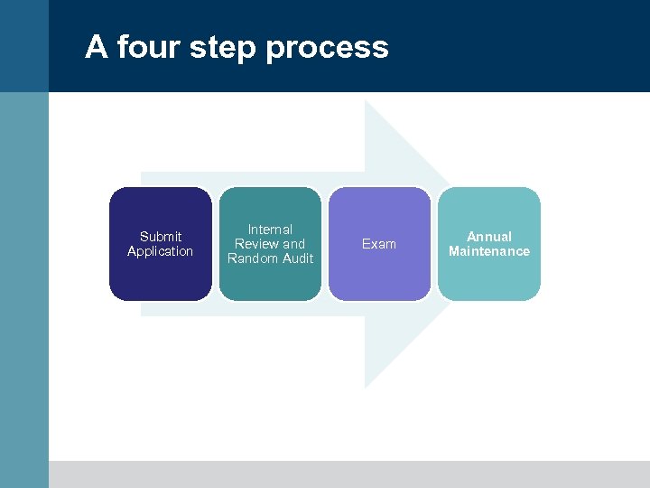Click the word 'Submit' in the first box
pos(161,237)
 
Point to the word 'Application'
pos(161,251)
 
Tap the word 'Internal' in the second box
pos(270,230)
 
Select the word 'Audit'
pos(298,258)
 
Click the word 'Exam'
pos(379,244)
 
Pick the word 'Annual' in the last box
pos(489,237)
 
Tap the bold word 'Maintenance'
pos(489,251)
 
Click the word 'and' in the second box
pos(294,244)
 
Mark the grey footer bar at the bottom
pos(348,474)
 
